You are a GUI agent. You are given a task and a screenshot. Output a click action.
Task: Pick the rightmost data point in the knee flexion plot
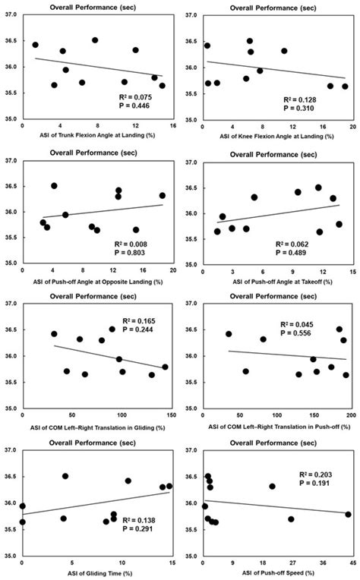click(x=345, y=87)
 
